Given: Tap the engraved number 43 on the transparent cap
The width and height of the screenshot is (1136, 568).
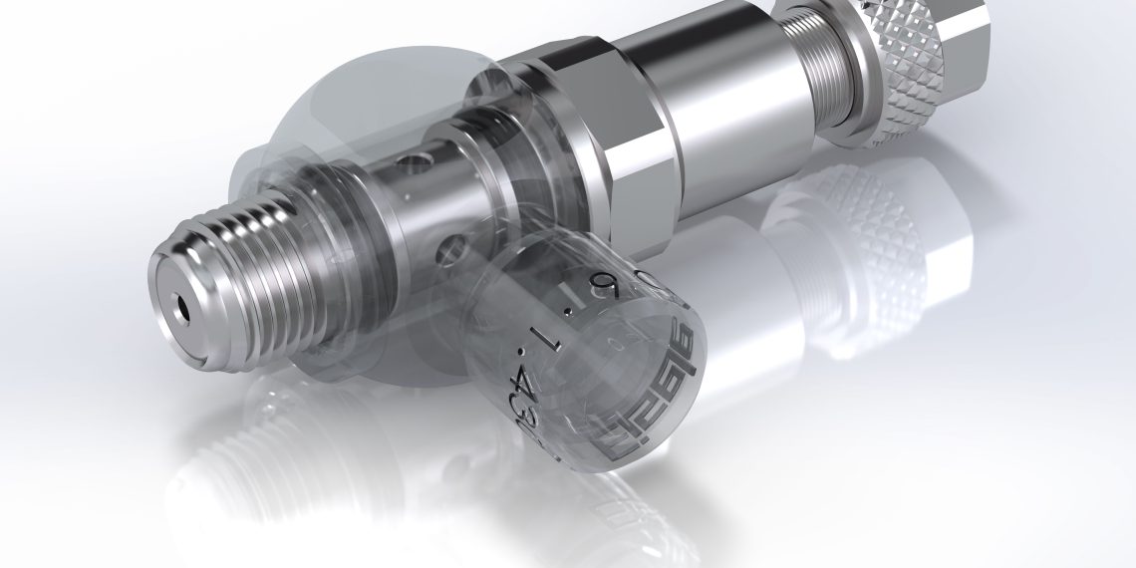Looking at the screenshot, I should (526, 393).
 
